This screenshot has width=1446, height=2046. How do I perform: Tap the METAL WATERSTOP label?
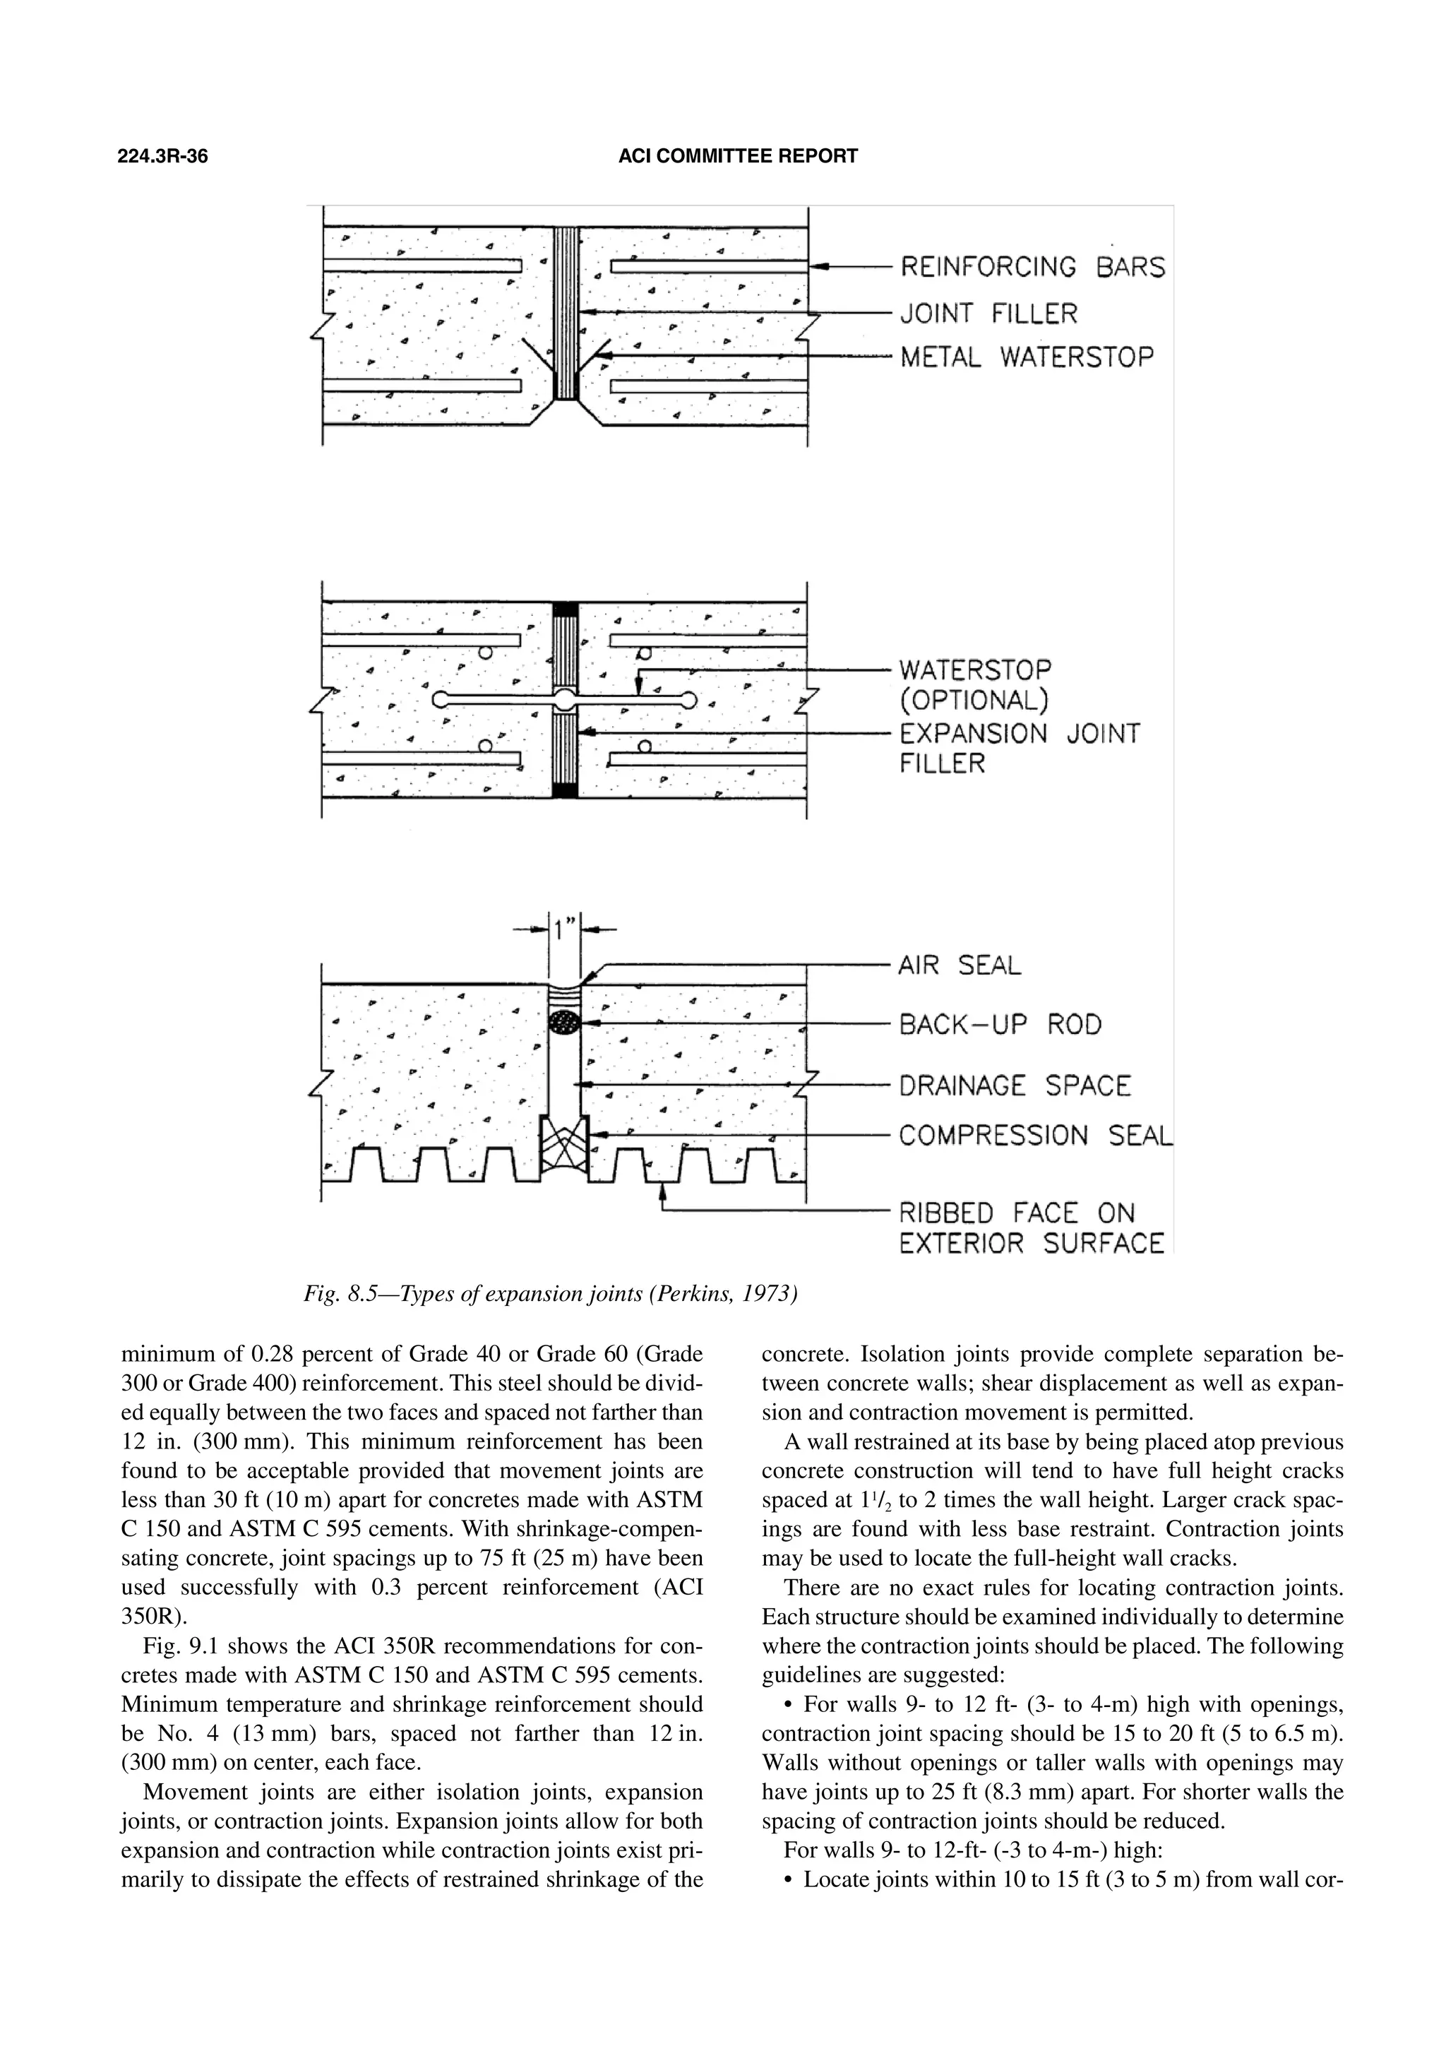pos(1027,357)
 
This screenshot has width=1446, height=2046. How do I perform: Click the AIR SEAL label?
pos(960,965)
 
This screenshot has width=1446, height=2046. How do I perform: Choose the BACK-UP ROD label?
pos(1000,1025)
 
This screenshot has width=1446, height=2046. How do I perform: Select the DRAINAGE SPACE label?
pos(1015,1086)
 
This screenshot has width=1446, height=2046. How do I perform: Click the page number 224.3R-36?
pos(163,157)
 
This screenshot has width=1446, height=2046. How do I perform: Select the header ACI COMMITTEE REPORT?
pos(738,157)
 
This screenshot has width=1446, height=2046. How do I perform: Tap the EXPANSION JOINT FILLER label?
pos(1018,749)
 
